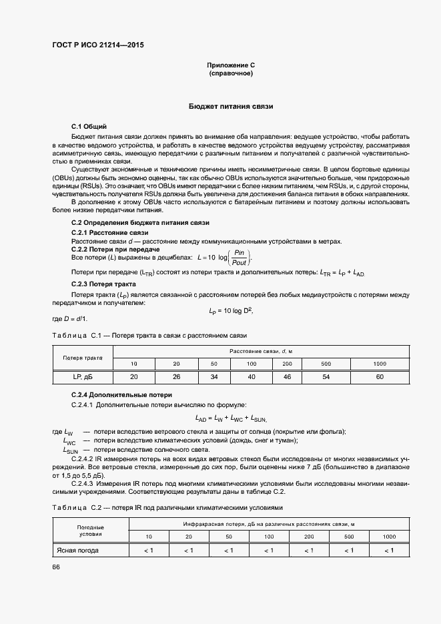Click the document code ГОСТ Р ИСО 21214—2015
[99, 45]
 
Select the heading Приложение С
[231, 65]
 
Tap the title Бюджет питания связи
[231, 107]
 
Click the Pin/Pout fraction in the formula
[239, 258]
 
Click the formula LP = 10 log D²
[231, 310]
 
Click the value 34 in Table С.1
[214, 377]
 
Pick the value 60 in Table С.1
[380, 377]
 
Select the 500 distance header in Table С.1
[326, 363]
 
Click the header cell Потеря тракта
[83, 357]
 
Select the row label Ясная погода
[77, 551]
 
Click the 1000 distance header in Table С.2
[389, 537]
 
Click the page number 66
[56, 567]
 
